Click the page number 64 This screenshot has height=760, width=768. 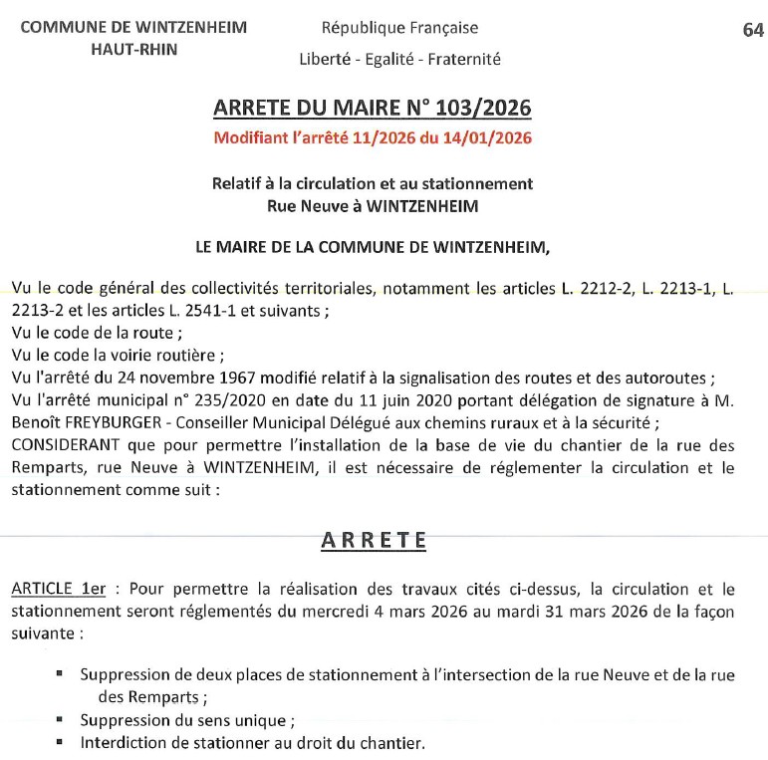(x=753, y=30)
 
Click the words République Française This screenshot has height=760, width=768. (x=399, y=28)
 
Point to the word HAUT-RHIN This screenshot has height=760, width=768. (x=133, y=49)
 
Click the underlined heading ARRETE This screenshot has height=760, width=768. (x=374, y=540)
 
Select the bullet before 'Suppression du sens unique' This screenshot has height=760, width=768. (x=59, y=719)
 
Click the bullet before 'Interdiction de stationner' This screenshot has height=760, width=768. (x=59, y=741)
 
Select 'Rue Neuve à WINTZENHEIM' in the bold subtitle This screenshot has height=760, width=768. (x=373, y=205)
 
